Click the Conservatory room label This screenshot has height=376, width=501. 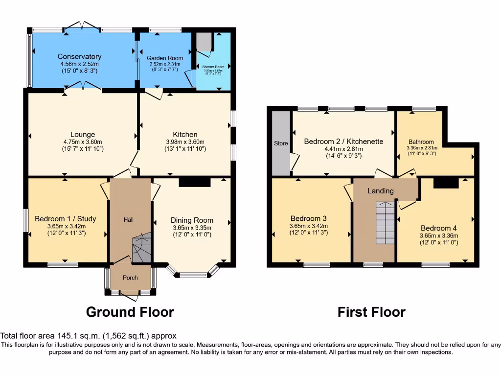[79, 56]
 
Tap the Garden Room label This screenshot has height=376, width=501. [166, 58]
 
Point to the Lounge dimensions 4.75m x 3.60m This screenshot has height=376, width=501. [82, 141]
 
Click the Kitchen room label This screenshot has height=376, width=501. [185, 134]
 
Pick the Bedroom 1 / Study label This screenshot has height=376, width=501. [66, 218]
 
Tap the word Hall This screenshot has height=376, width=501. [128, 220]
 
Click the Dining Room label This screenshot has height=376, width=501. [192, 220]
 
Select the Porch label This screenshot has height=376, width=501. [130, 278]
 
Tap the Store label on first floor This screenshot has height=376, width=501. [281, 143]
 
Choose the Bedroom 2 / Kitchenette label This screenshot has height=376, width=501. [343, 141]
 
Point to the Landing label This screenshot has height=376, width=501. [380, 191]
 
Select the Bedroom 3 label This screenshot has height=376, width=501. [308, 218]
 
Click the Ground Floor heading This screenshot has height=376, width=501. [130, 311]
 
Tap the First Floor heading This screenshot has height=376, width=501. [371, 312]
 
